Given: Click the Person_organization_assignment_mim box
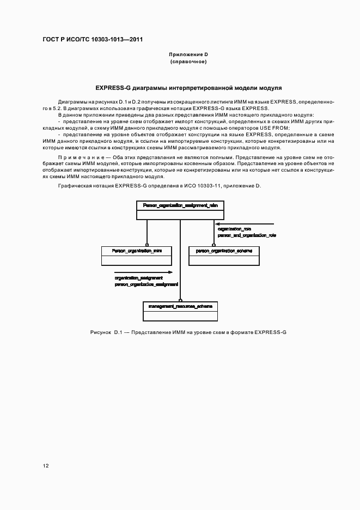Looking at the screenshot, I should point(180,205).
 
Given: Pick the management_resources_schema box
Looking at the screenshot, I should point(180,307).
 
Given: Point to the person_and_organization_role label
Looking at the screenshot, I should point(247,235).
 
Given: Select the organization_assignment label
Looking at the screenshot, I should point(139,278).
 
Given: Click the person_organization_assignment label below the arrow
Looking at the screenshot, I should point(147,284).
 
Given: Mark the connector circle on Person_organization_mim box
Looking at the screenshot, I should point(147,245).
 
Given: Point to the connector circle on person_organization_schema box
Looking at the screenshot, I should point(213,245).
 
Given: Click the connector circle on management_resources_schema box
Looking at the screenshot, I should point(180,301).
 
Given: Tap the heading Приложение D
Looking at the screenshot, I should point(188,55).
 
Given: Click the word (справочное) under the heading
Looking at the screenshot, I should point(188,62).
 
